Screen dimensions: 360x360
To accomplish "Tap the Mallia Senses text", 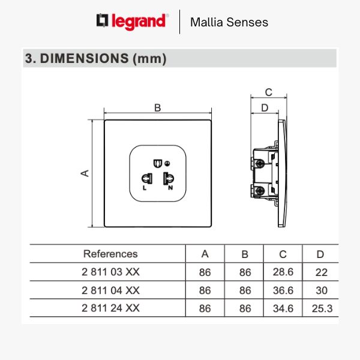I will tap(229, 23).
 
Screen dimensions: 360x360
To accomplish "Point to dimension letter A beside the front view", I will tap(85, 173).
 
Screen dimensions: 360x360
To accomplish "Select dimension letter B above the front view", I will tap(158, 108).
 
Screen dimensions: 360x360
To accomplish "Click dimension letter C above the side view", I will tap(269, 92).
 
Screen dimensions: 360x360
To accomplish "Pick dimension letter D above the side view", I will tap(264, 108).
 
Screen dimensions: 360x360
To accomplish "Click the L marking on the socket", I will tap(145, 188).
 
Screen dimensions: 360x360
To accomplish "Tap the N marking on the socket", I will tap(170, 188).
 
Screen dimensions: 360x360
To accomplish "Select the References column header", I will tap(110, 254).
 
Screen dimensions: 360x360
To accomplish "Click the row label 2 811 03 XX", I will tap(110, 272).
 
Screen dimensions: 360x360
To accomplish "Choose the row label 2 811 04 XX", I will tap(110, 290).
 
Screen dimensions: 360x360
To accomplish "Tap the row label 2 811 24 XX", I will tap(110, 308).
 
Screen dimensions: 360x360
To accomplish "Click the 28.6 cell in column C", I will tap(283, 272).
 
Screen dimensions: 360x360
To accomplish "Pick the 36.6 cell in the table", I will tap(283, 290).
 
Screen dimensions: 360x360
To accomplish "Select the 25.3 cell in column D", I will tap(322, 308).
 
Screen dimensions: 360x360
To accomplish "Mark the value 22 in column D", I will tap(322, 272).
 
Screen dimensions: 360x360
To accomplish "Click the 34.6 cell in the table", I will tap(283, 308).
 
